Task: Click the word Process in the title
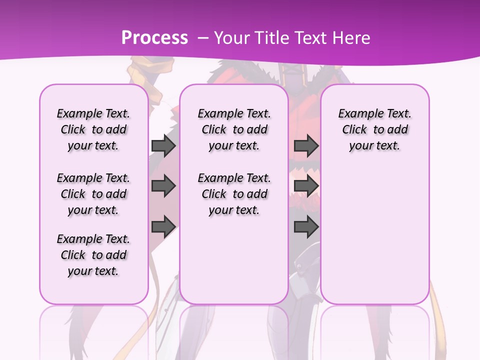click(x=154, y=38)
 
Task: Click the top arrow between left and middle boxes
click(x=163, y=145)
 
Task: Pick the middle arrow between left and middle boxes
click(x=163, y=186)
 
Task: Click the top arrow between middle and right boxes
click(x=306, y=145)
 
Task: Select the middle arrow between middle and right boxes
click(x=306, y=186)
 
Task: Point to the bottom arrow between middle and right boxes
click(x=306, y=227)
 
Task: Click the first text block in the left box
click(x=93, y=129)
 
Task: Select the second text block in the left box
click(x=93, y=194)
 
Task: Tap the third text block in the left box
click(x=93, y=255)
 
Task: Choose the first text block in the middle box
click(x=234, y=129)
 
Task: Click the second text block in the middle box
click(x=234, y=194)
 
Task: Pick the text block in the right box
click(x=375, y=129)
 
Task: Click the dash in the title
click(x=203, y=38)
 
